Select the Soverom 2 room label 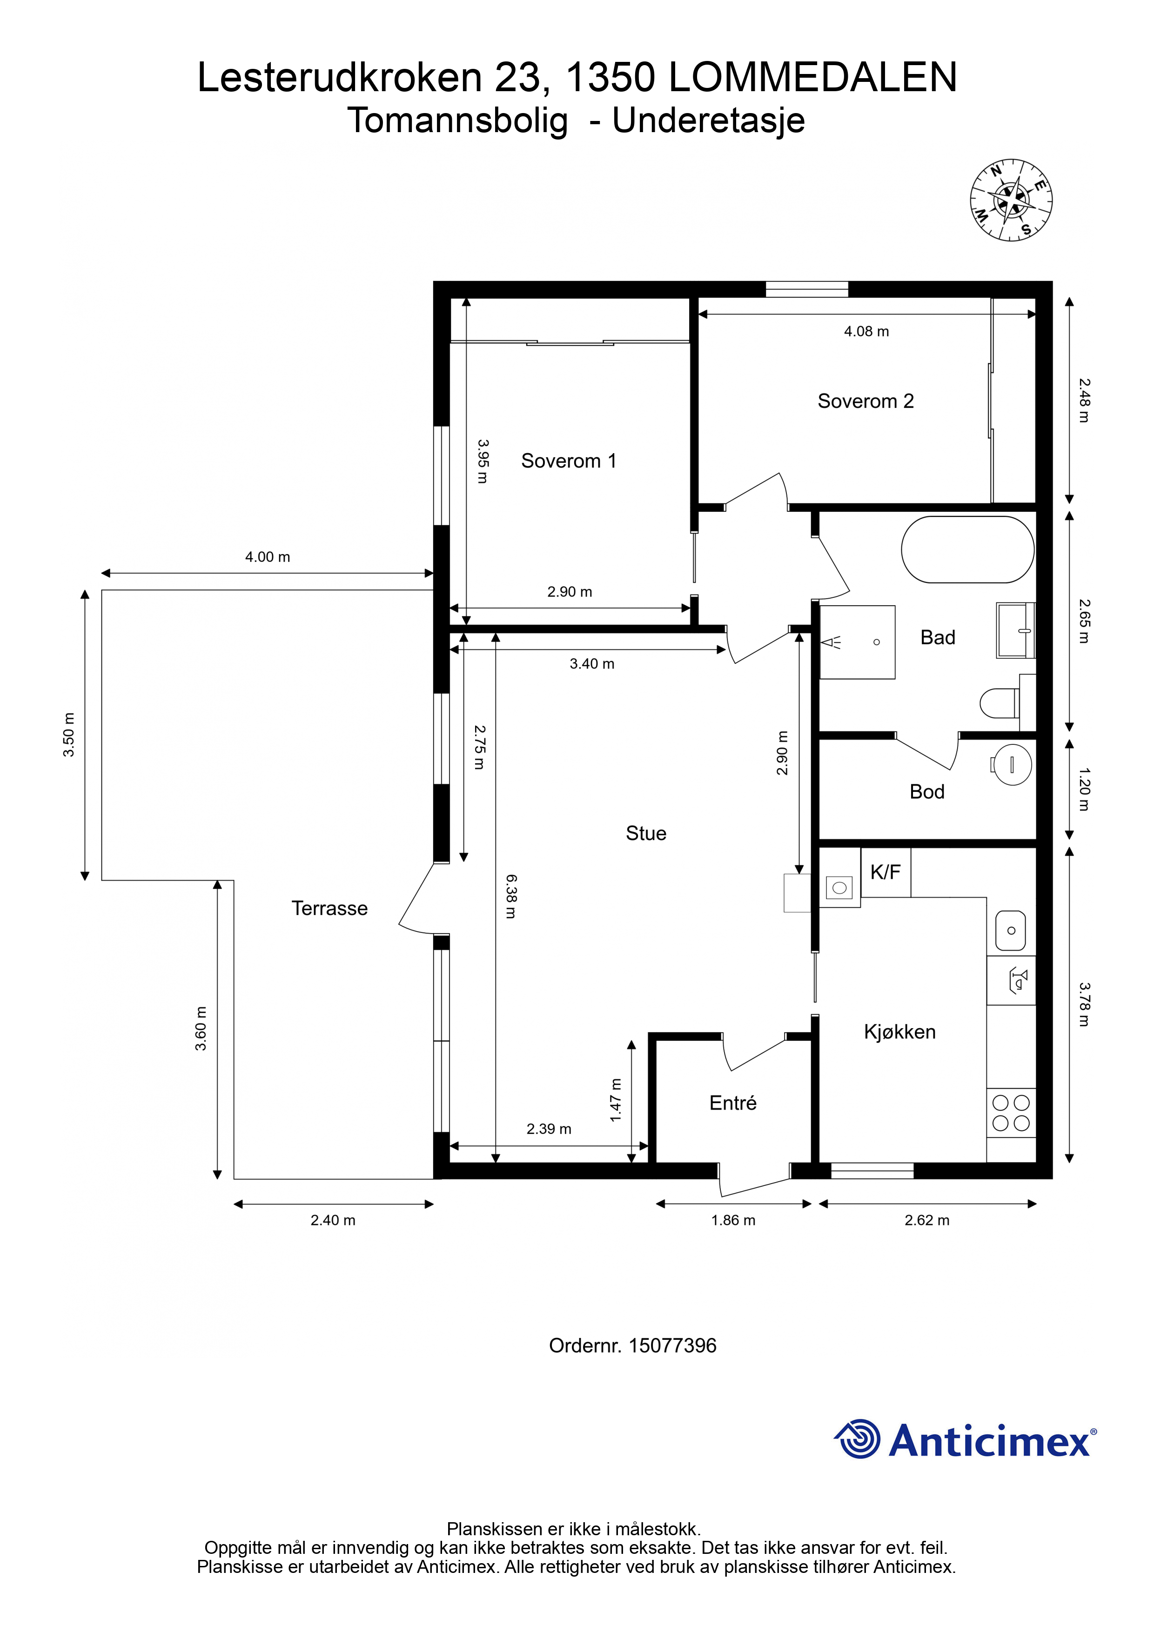(x=865, y=401)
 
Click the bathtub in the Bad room (x=968, y=549)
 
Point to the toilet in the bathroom (x=999, y=704)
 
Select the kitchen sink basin (x=1010, y=930)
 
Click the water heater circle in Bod (x=1012, y=765)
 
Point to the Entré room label (x=733, y=1103)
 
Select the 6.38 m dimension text (x=510, y=896)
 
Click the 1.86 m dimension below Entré (x=733, y=1220)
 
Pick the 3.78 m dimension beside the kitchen (x=1084, y=1004)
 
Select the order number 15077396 (x=673, y=1345)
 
